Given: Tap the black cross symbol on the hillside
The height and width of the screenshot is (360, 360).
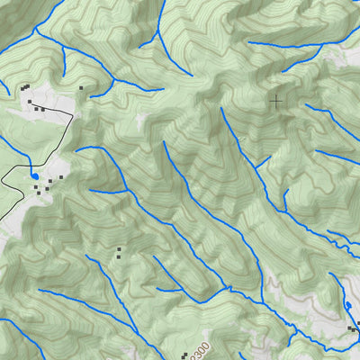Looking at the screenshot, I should tap(275, 101).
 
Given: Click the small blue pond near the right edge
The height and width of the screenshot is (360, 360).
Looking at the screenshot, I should tap(348, 308).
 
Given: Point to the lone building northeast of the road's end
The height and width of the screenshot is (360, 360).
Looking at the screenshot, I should tap(81, 88).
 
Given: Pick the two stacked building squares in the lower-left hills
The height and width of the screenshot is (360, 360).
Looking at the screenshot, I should tap(118, 253).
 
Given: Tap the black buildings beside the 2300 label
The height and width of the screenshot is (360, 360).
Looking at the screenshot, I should tap(184, 355).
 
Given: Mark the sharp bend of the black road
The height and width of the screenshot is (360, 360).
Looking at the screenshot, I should tap(71, 115).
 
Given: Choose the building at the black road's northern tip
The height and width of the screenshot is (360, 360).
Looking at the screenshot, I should tap(30, 103).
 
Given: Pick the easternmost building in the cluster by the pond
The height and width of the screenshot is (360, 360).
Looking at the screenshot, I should tap(61, 177).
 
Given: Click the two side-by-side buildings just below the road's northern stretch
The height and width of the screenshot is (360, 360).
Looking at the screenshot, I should tap(40, 109).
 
